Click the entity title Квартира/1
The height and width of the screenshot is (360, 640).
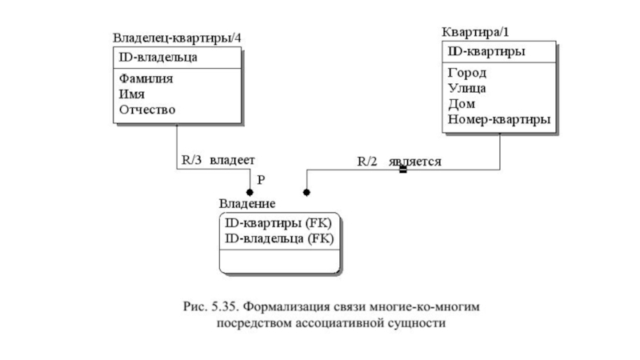474,32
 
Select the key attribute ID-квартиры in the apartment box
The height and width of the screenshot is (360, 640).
486,53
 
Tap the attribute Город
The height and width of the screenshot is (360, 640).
466,74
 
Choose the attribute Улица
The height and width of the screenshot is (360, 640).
467,89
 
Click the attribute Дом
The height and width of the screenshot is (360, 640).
461,104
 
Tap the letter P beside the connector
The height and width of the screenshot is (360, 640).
261,182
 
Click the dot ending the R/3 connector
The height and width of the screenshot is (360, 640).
250,193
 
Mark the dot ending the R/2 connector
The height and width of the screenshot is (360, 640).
306,193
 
